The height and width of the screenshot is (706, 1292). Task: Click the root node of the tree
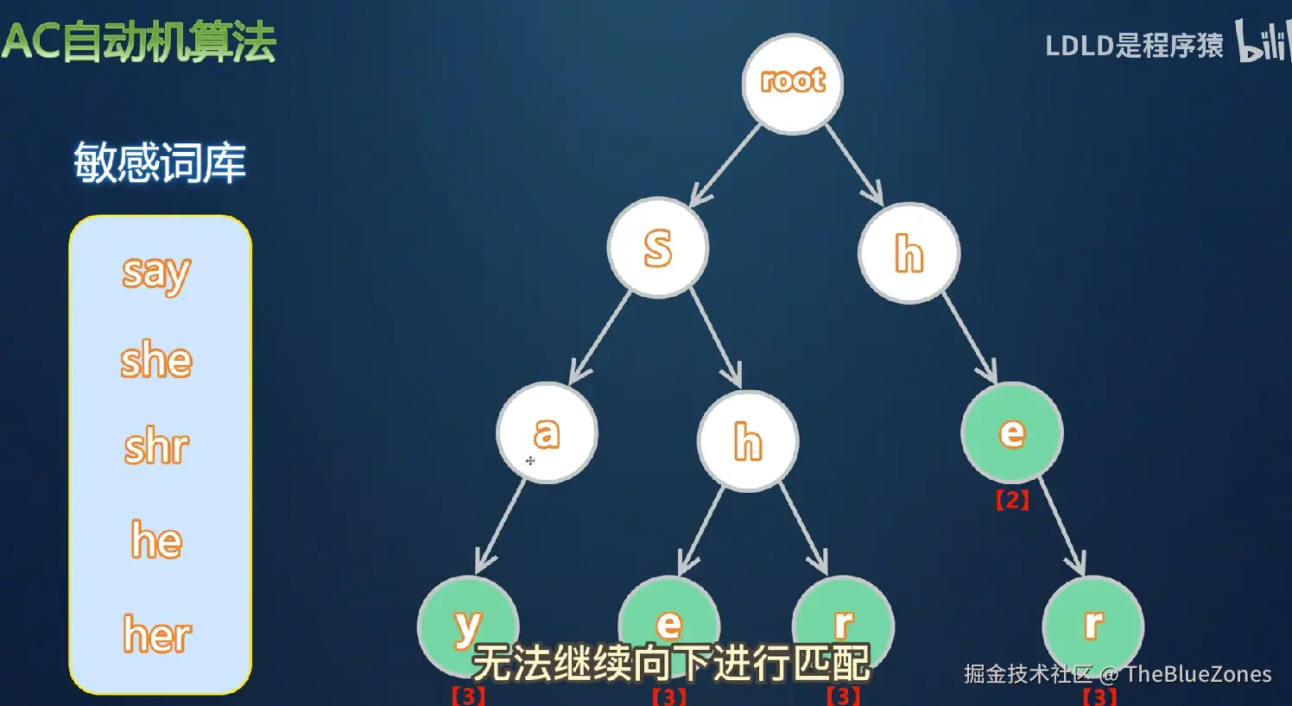[793, 84]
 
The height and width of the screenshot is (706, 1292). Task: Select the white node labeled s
[658, 248]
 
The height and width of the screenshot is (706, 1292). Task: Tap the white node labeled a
[547, 432]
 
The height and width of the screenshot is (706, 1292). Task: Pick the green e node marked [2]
[1011, 432]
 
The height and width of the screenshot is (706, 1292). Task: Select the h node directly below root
[909, 253]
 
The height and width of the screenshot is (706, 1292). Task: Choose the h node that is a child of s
[748, 441]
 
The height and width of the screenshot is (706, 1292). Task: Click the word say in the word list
[156, 274]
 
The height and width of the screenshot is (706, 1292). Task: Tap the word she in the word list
[156, 360]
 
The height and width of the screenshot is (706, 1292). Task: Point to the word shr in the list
[156, 447]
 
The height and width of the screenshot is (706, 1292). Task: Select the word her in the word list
[157, 635]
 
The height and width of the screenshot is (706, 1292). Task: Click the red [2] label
[1012, 500]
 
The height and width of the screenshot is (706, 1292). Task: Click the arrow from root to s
[725, 165]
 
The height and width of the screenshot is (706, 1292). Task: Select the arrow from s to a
[600, 337]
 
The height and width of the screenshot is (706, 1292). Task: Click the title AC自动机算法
[139, 42]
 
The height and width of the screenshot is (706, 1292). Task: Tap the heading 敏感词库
[160, 162]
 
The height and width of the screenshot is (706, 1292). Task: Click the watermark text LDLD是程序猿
[1134, 45]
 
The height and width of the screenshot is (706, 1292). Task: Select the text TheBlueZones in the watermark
[1198, 674]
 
